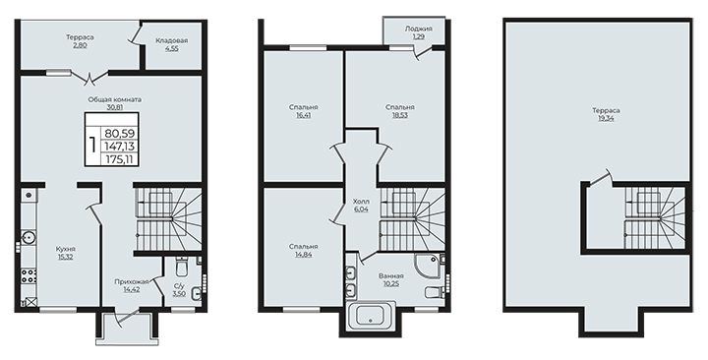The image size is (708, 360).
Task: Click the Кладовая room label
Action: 171,40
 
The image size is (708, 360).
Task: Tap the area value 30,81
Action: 114,107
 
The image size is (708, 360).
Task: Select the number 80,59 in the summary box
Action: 121,134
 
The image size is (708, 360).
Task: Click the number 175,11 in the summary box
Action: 121,159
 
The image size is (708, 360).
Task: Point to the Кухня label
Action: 66,249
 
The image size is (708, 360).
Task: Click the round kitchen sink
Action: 29,236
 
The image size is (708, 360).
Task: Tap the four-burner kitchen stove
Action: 29,275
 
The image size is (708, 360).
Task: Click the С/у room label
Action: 179,285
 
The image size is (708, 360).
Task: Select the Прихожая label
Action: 132,282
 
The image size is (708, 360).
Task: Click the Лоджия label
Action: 418,29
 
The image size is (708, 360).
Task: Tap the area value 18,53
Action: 399,115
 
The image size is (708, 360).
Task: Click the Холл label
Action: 362,202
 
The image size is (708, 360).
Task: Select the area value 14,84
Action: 303,255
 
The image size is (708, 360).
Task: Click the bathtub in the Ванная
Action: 372,316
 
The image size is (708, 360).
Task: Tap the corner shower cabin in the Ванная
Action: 426,264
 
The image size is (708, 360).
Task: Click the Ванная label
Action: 391,275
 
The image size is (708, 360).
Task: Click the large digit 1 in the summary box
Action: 92,146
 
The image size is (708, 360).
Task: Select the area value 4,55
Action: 171,48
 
